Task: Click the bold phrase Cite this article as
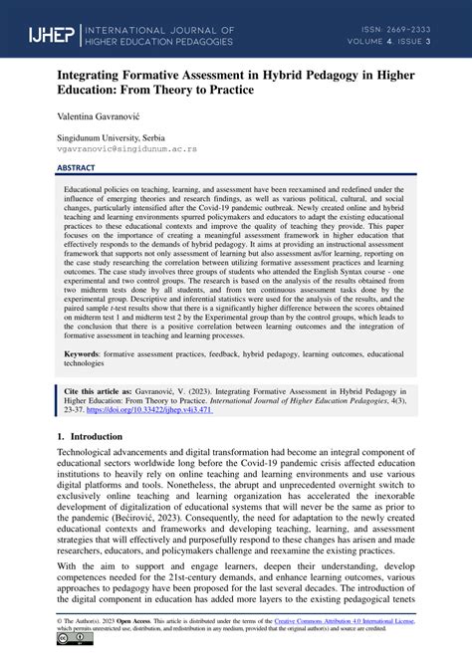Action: coord(101,393)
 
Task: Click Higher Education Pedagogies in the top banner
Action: coord(175,44)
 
